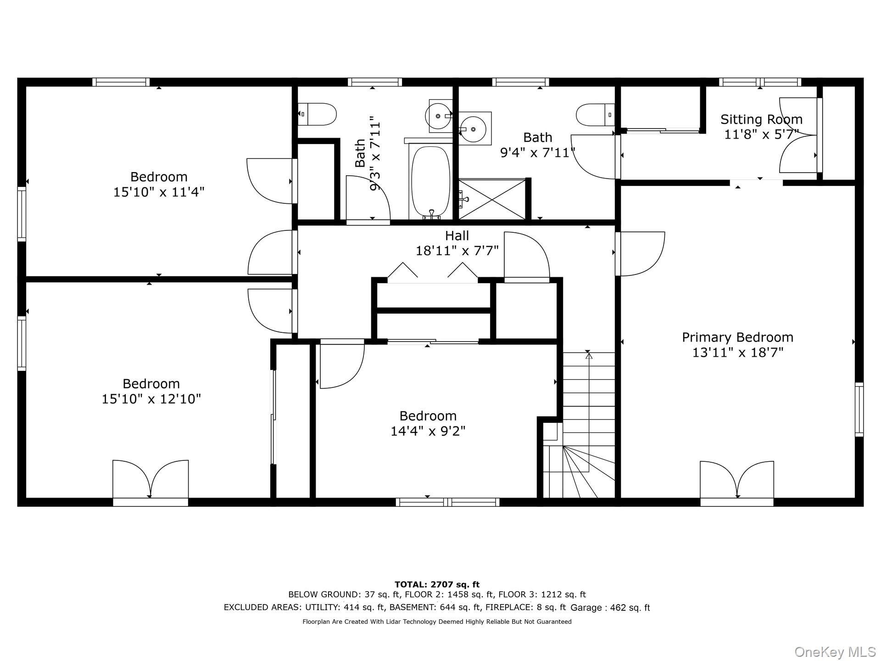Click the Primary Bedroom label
pos(737,337)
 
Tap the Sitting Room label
pos(761,119)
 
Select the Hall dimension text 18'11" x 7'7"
pos(457,251)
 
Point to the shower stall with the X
pos(492,199)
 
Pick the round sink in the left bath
pos(439,116)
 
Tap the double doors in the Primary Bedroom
pos(737,480)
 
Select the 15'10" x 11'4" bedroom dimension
pos(159,192)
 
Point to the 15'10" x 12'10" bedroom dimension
pos(151,399)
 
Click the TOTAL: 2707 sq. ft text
pos(437,584)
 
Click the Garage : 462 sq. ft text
pos(610,608)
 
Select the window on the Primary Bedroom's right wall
pos(859,409)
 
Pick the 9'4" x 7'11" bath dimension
pos(538,152)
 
